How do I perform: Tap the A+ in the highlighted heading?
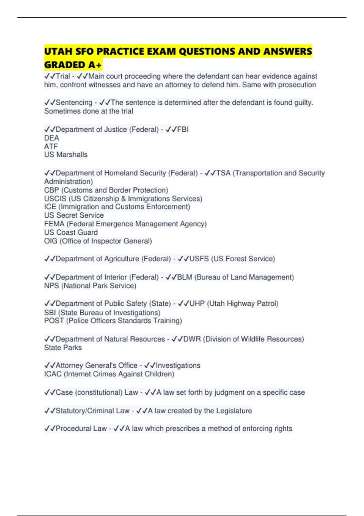pos(95,65)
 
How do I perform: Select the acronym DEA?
pos(52,138)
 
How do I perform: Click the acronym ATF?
pos(51,146)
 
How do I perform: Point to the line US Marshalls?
pos(66,154)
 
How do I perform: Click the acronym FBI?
pos(183,129)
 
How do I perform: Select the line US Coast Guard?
pos(71,232)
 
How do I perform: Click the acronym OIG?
pos(51,241)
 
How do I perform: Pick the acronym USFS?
pos(199,259)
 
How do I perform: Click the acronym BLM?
pos(185,277)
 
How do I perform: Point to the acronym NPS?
pos(52,286)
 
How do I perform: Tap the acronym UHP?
pos(197,304)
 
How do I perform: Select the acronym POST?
pos(54,321)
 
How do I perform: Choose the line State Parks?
pos(63,348)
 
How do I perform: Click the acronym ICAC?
pos(53,374)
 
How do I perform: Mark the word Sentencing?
pos(74,103)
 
